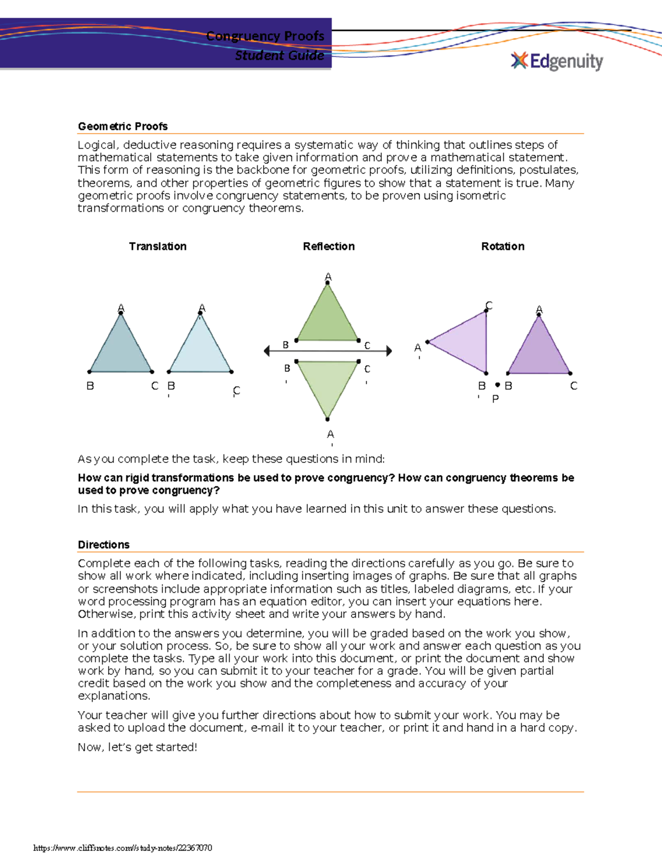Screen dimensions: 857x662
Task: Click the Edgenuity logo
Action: (x=557, y=61)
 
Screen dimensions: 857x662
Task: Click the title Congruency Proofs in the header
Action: (x=265, y=36)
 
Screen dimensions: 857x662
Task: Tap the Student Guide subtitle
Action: (x=279, y=56)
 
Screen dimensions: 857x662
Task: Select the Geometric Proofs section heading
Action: (x=122, y=126)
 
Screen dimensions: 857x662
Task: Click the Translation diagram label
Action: (x=158, y=247)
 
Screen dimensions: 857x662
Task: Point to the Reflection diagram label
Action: (x=328, y=247)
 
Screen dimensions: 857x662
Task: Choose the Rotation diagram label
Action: (x=503, y=247)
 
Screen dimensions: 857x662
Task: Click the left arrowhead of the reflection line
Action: (x=267, y=351)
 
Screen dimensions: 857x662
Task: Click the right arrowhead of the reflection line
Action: (x=389, y=351)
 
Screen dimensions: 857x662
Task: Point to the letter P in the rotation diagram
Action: (x=495, y=398)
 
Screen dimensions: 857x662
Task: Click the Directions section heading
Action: (x=104, y=545)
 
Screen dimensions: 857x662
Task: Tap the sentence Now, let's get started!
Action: (x=137, y=747)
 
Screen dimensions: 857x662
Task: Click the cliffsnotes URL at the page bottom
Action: (x=122, y=848)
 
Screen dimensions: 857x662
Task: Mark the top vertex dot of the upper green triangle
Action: (x=328, y=283)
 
